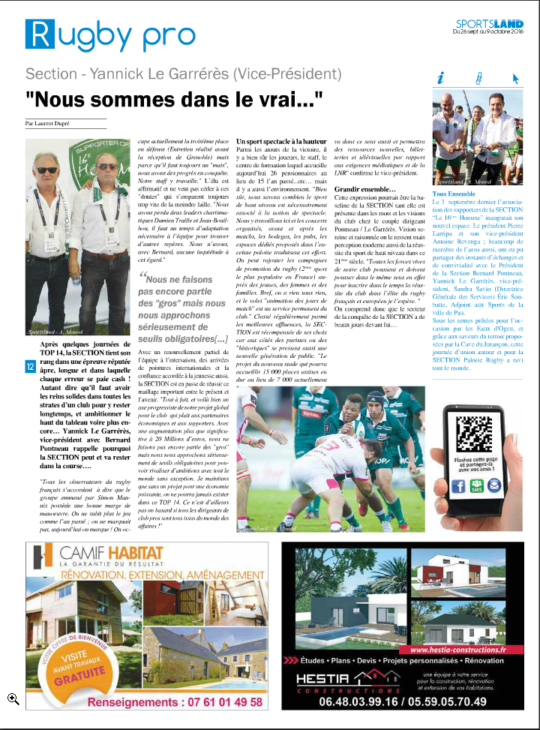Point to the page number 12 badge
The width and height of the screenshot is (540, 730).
(29, 366)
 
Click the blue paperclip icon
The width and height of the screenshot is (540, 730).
(477, 77)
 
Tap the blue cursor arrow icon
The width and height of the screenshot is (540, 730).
(514, 77)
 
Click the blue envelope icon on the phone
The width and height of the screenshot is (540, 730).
(493, 485)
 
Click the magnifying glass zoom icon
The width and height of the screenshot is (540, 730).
(12, 698)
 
